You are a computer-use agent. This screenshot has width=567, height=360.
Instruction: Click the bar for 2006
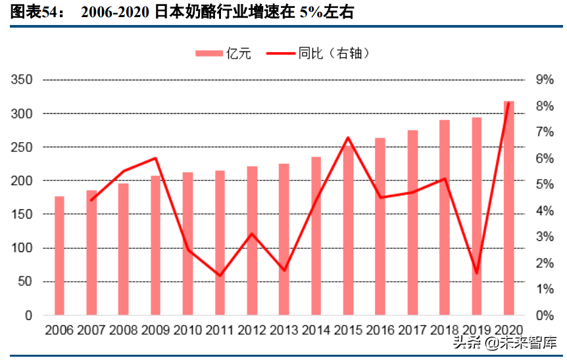pyautogui.click(x=59, y=255)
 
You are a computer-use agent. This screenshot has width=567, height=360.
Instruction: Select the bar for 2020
pyautogui.click(x=508, y=208)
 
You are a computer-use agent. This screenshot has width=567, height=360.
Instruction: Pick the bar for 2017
pyautogui.click(x=412, y=222)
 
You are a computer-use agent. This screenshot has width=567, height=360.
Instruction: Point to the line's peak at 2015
pyautogui.click(x=348, y=138)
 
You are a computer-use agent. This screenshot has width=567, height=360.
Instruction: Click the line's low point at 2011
pyautogui.click(x=220, y=275)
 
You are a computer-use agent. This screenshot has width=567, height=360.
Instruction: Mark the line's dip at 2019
pyautogui.click(x=477, y=272)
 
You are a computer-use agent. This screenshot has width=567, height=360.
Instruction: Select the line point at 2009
pyautogui.click(x=155, y=158)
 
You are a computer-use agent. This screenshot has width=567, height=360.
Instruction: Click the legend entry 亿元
pyautogui.click(x=224, y=53)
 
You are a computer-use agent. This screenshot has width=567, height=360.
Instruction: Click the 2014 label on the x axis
pyautogui.click(x=316, y=329)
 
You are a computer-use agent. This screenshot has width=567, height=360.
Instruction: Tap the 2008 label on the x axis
pyautogui.click(x=123, y=329)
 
